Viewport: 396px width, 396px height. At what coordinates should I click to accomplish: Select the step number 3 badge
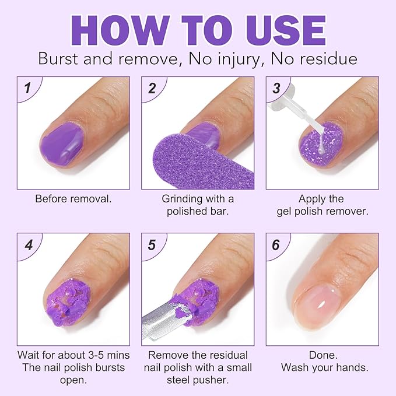pyautogui.click(x=277, y=89)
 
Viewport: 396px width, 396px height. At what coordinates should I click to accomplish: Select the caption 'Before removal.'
pyautogui.click(x=73, y=198)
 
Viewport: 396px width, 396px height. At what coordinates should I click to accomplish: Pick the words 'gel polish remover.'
pyautogui.click(x=322, y=211)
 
